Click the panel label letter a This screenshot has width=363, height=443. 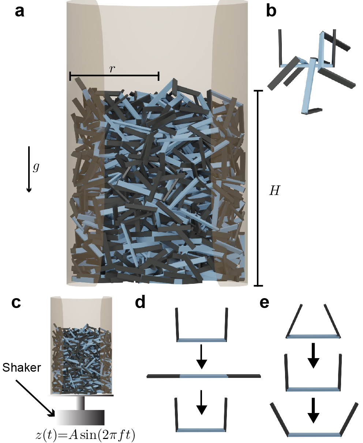(19, 12)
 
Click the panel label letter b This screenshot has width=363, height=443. (271, 11)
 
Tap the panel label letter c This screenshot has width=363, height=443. (16, 303)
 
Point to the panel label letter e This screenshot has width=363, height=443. (265, 303)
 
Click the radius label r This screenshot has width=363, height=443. (112, 69)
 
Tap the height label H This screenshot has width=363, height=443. (275, 191)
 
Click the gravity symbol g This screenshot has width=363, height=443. (36, 168)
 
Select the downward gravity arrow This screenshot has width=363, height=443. (29, 169)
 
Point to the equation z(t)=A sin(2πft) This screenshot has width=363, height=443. (85, 434)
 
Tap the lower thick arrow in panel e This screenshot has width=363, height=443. (313, 410)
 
